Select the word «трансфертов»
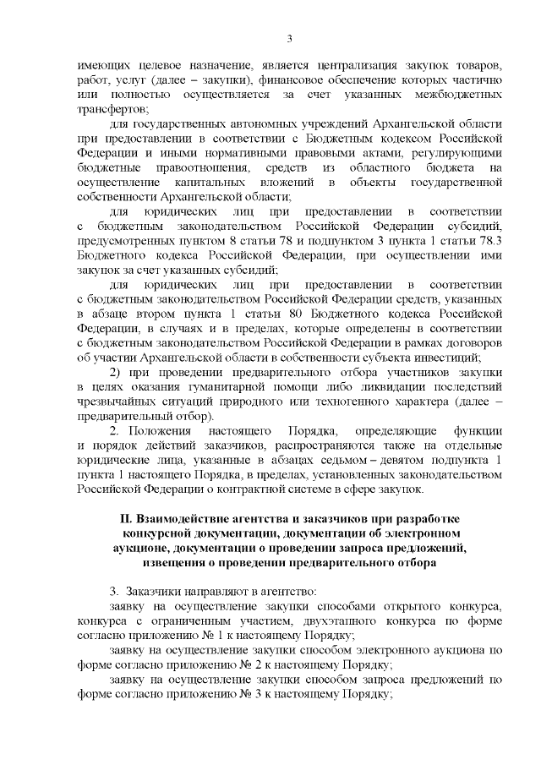point(112,109)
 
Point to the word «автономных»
point(239,123)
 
